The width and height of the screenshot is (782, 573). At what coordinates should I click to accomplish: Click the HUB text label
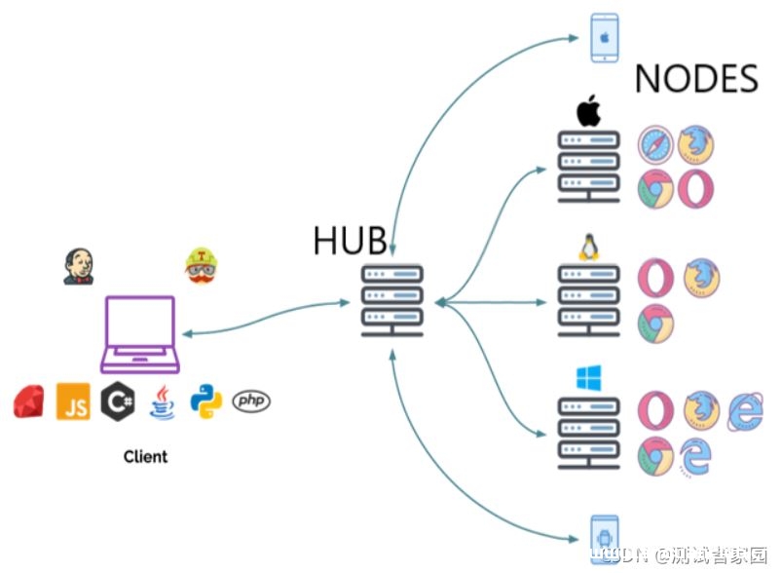tap(350, 240)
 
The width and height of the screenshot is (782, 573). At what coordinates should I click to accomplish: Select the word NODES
tap(696, 79)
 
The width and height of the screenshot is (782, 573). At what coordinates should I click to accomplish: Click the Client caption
tap(145, 456)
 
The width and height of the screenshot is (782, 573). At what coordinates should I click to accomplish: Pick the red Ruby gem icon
tap(29, 401)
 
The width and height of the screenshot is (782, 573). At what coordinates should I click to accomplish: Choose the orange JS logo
tap(73, 401)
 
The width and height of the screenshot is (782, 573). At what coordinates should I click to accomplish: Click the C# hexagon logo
tap(117, 401)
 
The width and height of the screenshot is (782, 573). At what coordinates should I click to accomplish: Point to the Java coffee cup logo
tap(161, 401)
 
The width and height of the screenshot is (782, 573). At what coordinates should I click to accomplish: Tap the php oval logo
tap(251, 401)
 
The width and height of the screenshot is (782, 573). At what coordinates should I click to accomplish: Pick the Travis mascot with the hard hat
tap(200, 265)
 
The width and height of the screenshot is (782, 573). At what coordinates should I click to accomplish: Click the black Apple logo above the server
tap(588, 112)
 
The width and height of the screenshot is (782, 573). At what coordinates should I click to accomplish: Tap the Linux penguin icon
tap(587, 248)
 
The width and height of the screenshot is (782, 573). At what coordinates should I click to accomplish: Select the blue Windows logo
tap(588, 377)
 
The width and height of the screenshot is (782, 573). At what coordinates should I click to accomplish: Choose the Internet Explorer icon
tap(745, 411)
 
